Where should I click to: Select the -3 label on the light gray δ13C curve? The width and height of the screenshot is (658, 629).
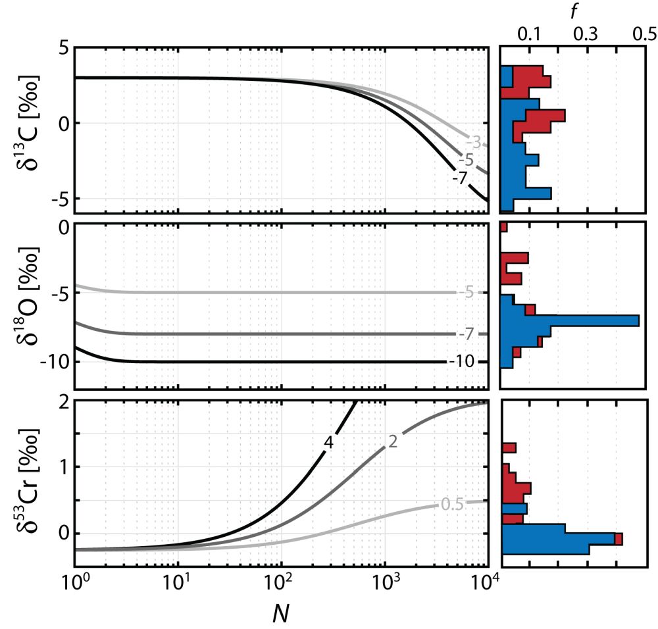[x=472, y=142]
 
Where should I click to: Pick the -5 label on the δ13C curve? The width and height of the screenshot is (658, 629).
[x=467, y=160]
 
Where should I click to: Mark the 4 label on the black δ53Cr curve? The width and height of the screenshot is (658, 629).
[x=327, y=442]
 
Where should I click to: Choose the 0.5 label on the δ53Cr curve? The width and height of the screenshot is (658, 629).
[x=453, y=505]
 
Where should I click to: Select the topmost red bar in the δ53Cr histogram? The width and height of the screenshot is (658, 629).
[x=509, y=448]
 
